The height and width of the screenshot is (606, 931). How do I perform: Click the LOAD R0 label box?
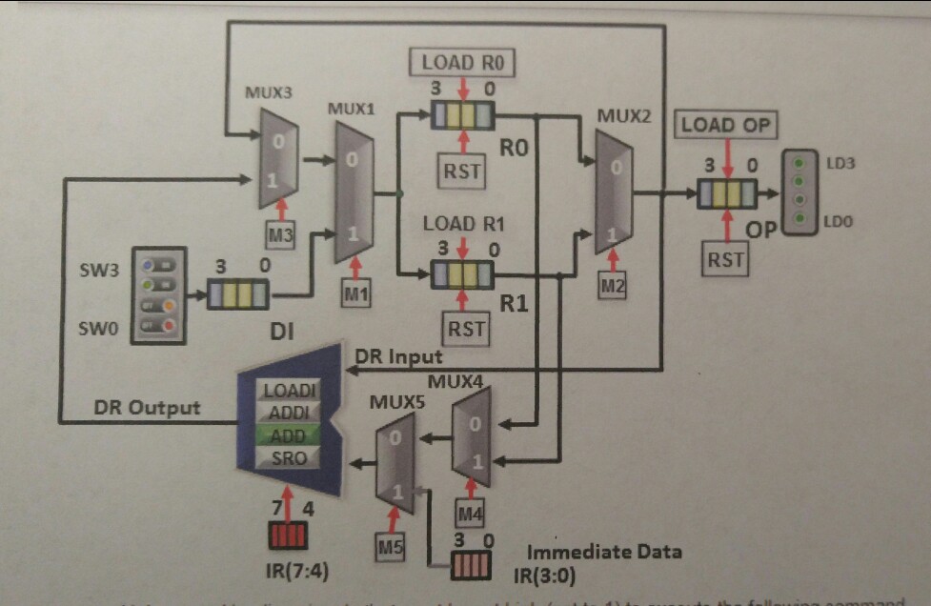[x=462, y=63]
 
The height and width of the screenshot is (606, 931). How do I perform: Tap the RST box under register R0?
[x=462, y=172]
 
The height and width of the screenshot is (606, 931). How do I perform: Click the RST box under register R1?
[x=466, y=330]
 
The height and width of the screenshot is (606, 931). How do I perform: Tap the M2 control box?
[x=614, y=282]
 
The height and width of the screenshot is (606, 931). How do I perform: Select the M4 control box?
[x=471, y=515]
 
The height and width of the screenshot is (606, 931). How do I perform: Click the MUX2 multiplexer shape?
[x=614, y=191]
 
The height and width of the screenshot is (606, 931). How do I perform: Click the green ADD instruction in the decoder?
[x=289, y=435]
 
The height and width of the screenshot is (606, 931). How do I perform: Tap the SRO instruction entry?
[x=289, y=457]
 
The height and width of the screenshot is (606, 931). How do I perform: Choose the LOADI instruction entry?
[x=289, y=390]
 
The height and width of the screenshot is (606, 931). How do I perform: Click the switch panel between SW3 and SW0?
[x=157, y=295]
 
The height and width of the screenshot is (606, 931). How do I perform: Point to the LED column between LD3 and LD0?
[x=799, y=191]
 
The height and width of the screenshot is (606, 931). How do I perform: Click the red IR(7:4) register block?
[x=288, y=536]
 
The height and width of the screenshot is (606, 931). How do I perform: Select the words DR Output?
[x=147, y=408]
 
